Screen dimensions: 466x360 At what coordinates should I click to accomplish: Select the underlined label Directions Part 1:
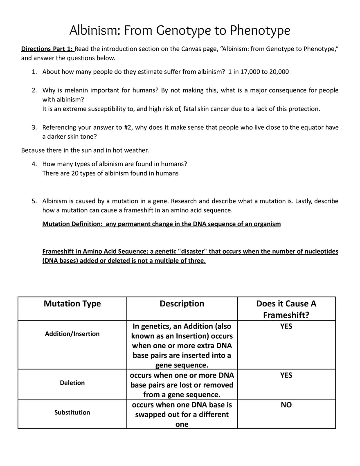[x=47, y=49]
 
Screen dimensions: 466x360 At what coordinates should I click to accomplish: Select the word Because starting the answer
[x=33, y=150]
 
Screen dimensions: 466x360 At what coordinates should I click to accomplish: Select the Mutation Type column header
[x=72, y=304]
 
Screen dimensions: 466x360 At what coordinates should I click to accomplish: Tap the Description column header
[x=182, y=304]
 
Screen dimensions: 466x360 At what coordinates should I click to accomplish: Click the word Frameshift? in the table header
[x=286, y=315]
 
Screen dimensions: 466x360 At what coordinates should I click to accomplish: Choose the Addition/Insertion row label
[x=72, y=334]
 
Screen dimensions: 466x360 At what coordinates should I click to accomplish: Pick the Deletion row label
[x=72, y=383]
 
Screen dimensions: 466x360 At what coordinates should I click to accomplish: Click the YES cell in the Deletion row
[x=286, y=375]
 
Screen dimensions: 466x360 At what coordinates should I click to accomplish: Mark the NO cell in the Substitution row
[x=286, y=405]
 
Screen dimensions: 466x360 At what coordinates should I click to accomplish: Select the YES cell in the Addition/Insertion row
[x=286, y=326]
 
